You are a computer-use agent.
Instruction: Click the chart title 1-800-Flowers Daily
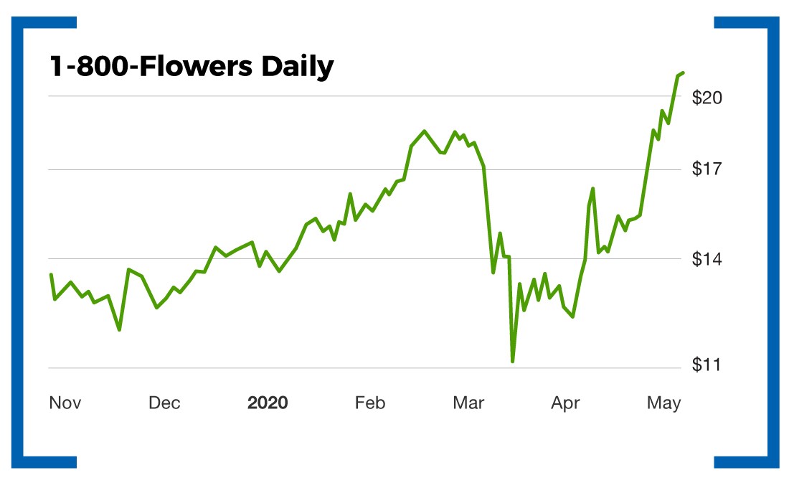click(191, 67)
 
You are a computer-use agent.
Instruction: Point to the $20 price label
click(707, 98)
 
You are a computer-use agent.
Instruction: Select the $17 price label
click(707, 170)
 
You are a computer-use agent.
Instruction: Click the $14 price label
click(707, 259)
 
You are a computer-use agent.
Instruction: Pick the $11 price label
click(707, 365)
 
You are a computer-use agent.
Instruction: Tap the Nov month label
click(65, 403)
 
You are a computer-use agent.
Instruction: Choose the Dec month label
click(164, 403)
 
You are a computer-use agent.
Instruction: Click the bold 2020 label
click(268, 403)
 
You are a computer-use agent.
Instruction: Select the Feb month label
click(370, 403)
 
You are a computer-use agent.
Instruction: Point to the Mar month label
click(468, 403)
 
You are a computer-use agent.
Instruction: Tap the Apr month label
click(565, 403)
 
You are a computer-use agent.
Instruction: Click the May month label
click(663, 403)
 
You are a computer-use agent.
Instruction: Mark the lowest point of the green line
click(513, 361)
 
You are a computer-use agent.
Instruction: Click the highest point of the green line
click(683, 73)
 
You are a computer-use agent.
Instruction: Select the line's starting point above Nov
click(51, 274)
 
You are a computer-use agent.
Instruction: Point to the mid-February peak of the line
click(425, 131)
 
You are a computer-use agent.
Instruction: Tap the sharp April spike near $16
click(593, 188)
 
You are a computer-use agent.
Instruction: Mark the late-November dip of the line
click(119, 329)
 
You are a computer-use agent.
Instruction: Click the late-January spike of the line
click(350, 194)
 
